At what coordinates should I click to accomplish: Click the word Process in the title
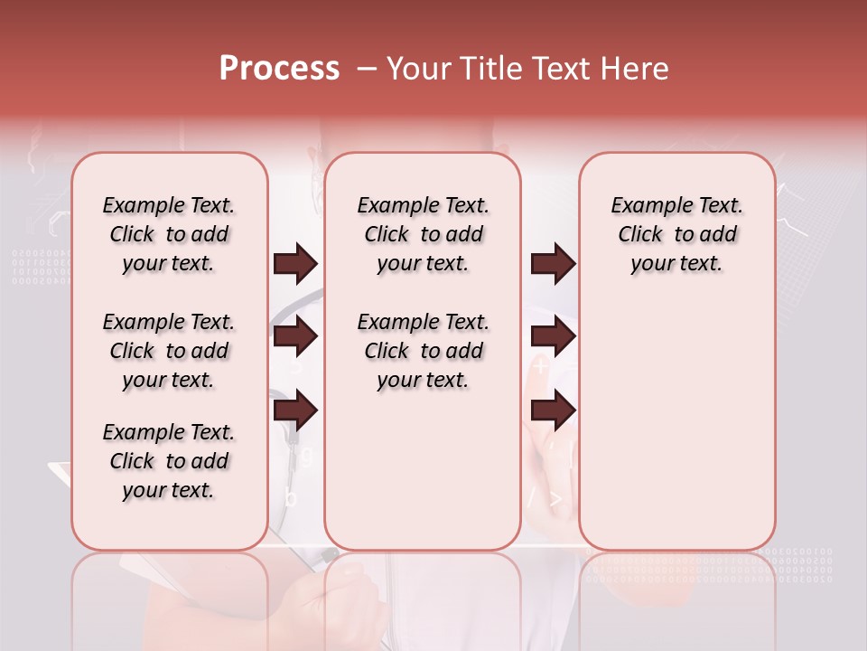pos(279,69)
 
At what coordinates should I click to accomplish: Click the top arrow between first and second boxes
pos(295,264)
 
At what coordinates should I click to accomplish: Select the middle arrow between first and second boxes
pos(295,336)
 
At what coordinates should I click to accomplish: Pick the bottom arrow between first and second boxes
pos(295,410)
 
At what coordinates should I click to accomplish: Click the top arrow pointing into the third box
pos(553,264)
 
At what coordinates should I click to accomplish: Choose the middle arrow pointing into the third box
pos(553,336)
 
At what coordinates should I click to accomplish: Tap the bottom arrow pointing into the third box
pos(553,410)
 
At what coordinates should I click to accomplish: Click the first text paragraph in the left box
pos(169,234)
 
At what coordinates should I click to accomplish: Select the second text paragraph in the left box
pos(169,351)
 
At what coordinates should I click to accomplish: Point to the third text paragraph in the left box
pos(169,461)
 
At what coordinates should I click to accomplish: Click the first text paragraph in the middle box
pos(423,234)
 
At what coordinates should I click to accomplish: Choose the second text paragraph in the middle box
pos(423,351)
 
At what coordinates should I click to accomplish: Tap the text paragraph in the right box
pos(676,234)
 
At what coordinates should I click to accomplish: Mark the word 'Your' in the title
pos(415,69)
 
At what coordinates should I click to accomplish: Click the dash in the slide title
pos(367,69)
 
